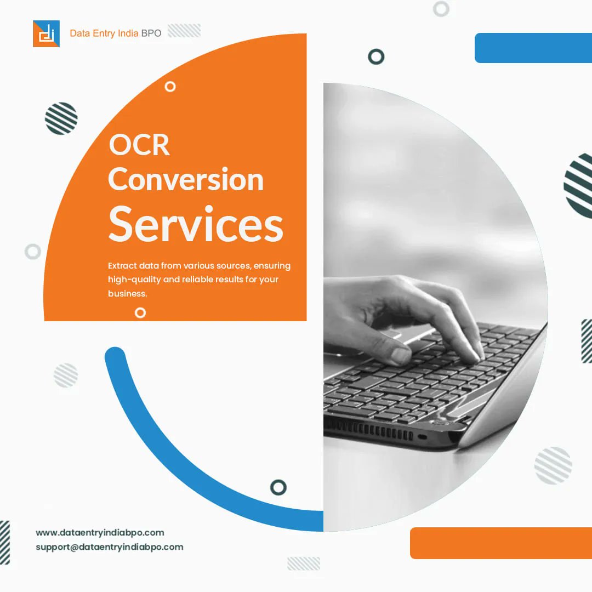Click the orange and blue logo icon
(46, 33)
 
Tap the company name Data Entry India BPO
(116, 33)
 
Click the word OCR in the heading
(139, 145)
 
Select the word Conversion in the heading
(186, 180)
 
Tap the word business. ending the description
(128, 294)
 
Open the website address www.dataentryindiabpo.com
(100, 532)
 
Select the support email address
(109, 547)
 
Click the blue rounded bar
(533, 48)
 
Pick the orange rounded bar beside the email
(500, 543)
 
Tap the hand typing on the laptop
(406, 318)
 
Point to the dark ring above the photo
(376, 56)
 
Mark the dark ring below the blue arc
(278, 487)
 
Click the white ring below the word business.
(140, 312)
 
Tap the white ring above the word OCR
(170, 86)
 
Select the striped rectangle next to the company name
(184, 31)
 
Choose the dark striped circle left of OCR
(61, 118)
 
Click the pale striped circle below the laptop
(553, 465)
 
